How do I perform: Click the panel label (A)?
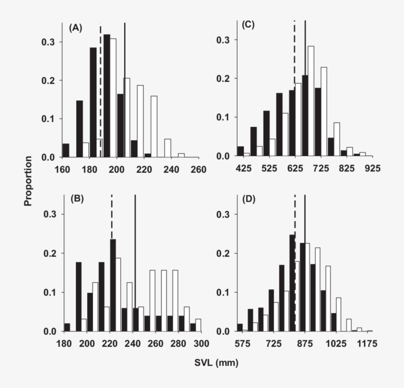pyautogui.click(x=75, y=28)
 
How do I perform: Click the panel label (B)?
pyautogui.click(x=78, y=199)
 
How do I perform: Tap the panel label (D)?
pyautogui.click(x=249, y=199)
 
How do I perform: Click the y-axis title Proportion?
pyautogui.click(x=28, y=181)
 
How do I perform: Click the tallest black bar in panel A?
pyautogui.click(x=106, y=96)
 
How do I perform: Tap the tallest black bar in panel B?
pyautogui.click(x=112, y=285)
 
